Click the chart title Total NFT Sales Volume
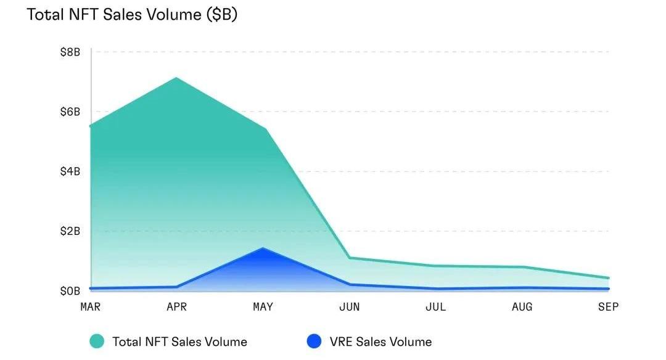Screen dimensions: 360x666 tap(132, 15)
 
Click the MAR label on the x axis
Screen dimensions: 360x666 tap(91, 307)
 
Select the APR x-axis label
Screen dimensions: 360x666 tap(177, 307)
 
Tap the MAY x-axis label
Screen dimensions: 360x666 tap(263, 307)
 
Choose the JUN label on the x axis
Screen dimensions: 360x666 tap(349, 307)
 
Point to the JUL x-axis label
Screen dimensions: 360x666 tap(435, 307)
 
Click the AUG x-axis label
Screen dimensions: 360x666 tap(522, 307)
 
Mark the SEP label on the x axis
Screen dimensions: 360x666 tap(608, 307)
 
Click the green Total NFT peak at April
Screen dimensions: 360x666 tap(177, 78)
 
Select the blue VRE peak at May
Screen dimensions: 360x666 tap(263, 248)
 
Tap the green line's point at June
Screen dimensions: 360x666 tap(349, 258)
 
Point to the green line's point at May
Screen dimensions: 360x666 tap(264, 129)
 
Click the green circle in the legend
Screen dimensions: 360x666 tap(96, 342)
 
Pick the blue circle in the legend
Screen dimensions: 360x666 tap(314, 342)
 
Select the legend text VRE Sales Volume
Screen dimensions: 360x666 tap(380, 342)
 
